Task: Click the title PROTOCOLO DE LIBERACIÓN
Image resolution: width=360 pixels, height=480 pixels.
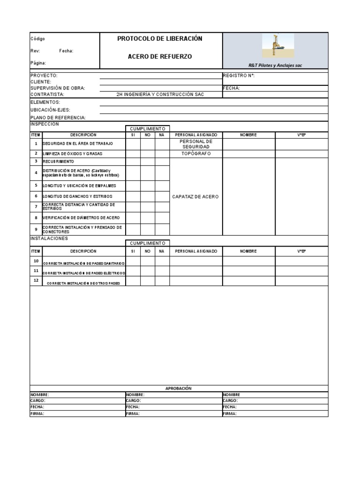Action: point(160,38)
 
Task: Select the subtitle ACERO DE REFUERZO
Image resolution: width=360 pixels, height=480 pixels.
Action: point(160,56)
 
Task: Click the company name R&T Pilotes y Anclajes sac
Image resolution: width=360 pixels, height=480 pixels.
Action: point(275,66)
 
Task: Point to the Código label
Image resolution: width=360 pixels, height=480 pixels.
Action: point(38,39)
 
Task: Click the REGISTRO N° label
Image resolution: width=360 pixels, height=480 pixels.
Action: point(239,75)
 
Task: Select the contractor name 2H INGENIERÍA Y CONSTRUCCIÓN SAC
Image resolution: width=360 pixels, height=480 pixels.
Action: point(160,94)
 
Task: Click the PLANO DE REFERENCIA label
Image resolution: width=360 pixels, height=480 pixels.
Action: point(58,117)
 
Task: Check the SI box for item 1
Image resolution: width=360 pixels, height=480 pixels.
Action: point(133,144)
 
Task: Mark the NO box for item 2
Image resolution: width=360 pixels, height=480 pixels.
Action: point(148,154)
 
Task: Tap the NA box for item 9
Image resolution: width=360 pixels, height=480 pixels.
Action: point(162,229)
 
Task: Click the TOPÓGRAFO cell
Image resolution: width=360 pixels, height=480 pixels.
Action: point(196,154)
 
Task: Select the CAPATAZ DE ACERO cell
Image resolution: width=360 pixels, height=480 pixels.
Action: point(196,196)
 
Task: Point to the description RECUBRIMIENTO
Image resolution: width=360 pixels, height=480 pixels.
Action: point(59,161)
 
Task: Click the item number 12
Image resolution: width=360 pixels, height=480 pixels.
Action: point(36,280)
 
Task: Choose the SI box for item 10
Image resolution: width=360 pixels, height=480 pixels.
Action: point(133,261)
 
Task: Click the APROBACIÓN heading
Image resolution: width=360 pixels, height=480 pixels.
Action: point(179,388)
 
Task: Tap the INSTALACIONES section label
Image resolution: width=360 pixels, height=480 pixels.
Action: point(49,239)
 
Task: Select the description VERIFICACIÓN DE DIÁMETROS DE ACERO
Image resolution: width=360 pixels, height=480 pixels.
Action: point(81,218)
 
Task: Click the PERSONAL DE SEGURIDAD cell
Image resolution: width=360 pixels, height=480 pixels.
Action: point(196,144)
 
